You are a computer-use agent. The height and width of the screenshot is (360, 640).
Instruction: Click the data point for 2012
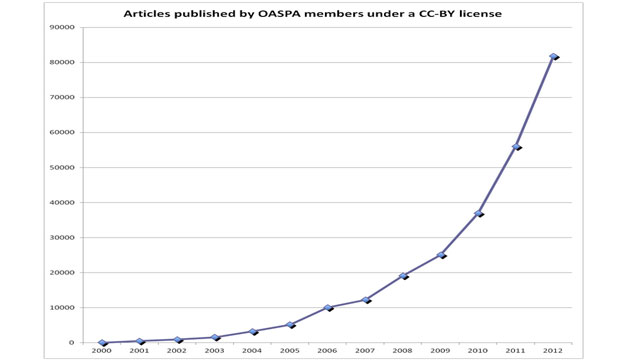click(x=553, y=56)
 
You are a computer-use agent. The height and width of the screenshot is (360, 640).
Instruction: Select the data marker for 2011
click(x=516, y=147)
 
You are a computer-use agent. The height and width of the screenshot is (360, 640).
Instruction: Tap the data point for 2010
click(x=478, y=213)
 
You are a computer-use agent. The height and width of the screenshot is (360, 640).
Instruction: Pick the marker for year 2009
click(x=441, y=255)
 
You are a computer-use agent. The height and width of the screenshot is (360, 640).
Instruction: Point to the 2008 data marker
click(x=403, y=276)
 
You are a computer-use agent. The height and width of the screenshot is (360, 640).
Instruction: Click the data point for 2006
click(x=328, y=307)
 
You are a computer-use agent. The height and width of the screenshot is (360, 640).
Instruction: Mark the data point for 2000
click(x=102, y=343)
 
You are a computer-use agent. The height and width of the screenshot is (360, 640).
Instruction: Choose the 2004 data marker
click(x=253, y=331)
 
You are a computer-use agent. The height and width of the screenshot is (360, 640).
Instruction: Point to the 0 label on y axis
click(x=72, y=342)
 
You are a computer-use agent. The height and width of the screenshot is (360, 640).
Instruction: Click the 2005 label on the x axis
click(x=290, y=351)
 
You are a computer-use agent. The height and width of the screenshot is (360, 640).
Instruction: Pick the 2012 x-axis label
click(x=553, y=351)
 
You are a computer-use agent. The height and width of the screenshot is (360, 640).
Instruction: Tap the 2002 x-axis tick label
click(x=177, y=351)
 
